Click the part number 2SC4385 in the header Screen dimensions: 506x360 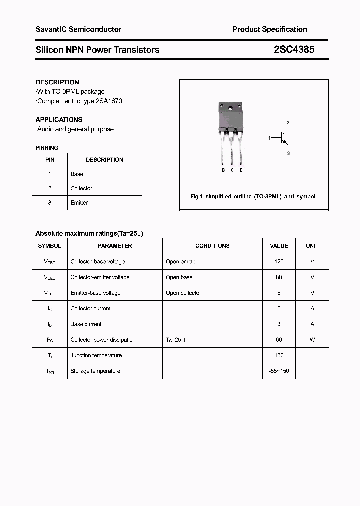tap(294, 50)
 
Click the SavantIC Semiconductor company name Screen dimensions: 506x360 tap(78, 29)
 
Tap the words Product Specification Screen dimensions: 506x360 tap(270, 29)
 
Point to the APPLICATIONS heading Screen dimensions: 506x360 tap(59, 120)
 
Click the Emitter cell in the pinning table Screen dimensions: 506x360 tap(79, 203)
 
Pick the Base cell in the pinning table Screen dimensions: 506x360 tap(77, 174)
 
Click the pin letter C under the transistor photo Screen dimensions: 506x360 tap(232, 170)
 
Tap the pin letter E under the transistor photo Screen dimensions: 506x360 tap(241, 170)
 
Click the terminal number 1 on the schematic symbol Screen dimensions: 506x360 tap(269, 137)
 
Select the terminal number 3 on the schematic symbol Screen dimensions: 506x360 tap(288, 153)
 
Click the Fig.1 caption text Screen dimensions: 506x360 tap(253, 197)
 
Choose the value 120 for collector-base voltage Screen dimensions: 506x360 tap(279, 262)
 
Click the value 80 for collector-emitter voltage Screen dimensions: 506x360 tap(279, 277)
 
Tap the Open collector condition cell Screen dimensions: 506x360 tap(183, 293)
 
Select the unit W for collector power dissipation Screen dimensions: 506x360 tap(312, 340)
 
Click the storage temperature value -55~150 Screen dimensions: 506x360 tap(279, 371)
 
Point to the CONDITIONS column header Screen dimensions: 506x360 tap(212, 246)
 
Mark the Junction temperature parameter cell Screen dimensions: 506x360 tap(96, 355)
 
